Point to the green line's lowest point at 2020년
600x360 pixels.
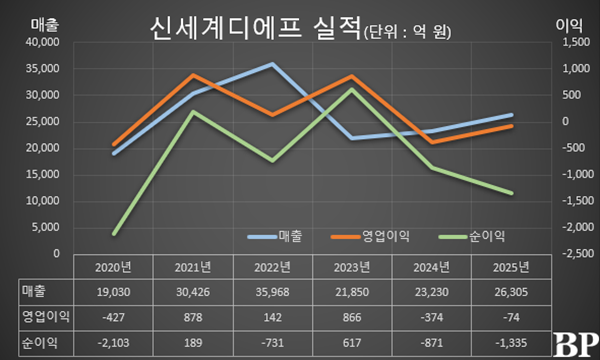pos(115,234)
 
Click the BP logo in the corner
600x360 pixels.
pos(574,343)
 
